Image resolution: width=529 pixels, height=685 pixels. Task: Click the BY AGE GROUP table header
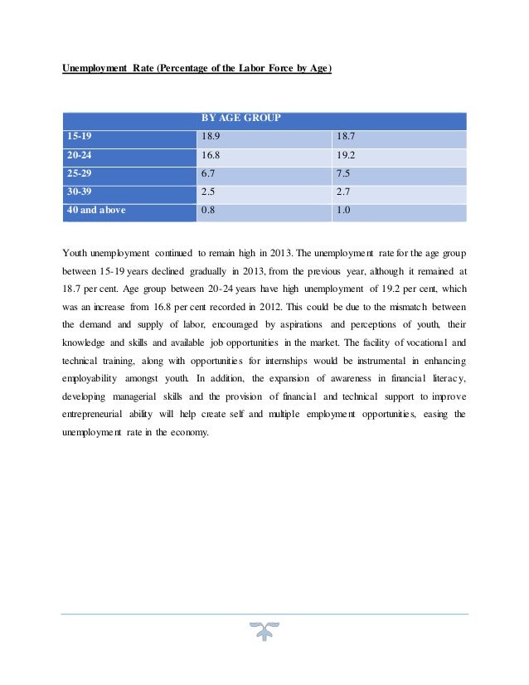click(x=240, y=118)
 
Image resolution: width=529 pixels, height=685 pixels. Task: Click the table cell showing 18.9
click(x=211, y=137)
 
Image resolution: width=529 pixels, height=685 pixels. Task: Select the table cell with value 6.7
click(x=208, y=174)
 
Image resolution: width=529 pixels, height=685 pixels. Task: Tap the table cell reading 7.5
click(x=342, y=174)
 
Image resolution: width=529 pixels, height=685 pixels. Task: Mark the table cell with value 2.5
click(x=208, y=192)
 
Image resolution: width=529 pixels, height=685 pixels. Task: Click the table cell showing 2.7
click(x=342, y=192)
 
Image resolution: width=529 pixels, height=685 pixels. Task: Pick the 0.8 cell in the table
click(x=208, y=211)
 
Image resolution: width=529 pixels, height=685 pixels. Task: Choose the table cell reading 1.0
click(x=342, y=211)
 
